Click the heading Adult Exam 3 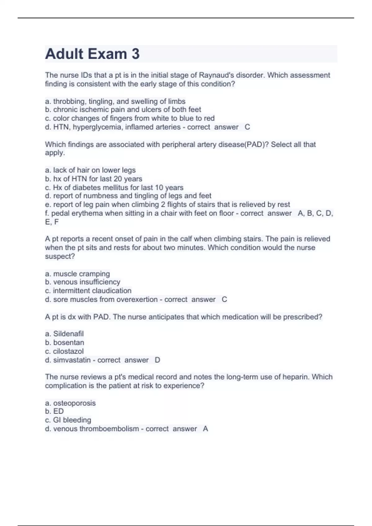[92, 54]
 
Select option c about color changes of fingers [130, 118]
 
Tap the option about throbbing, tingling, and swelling [115, 101]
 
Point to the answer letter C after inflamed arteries [247, 127]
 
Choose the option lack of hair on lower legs [90, 170]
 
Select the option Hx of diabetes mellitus [114, 188]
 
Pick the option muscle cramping [77, 274]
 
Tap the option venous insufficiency [82, 282]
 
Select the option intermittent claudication [88, 291]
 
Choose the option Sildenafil [64, 334]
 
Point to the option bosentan [64, 343]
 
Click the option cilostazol [64, 351]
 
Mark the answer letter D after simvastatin [157, 360]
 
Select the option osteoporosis [70, 403]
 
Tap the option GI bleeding [68, 420]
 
